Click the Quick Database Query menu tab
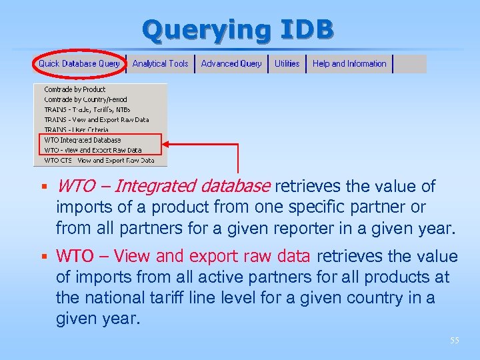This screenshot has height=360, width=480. pos(79,63)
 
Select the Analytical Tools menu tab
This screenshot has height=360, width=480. pos(160,63)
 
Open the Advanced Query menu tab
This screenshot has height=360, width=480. pos(231,63)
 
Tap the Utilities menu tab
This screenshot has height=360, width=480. pos(287,63)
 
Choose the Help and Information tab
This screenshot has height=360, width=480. pos(349,63)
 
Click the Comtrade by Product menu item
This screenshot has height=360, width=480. pos(75,89)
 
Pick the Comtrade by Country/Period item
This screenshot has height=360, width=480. pos(85,99)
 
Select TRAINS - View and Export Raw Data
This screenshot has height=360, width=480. pos(96,120)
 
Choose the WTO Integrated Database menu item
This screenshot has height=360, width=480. pos(82,140)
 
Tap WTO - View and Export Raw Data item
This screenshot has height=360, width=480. pos(93,150)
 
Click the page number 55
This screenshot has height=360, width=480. pos(454,341)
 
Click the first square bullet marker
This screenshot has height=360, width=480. pos(41,187)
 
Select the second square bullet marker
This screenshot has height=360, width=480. pos(41,257)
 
